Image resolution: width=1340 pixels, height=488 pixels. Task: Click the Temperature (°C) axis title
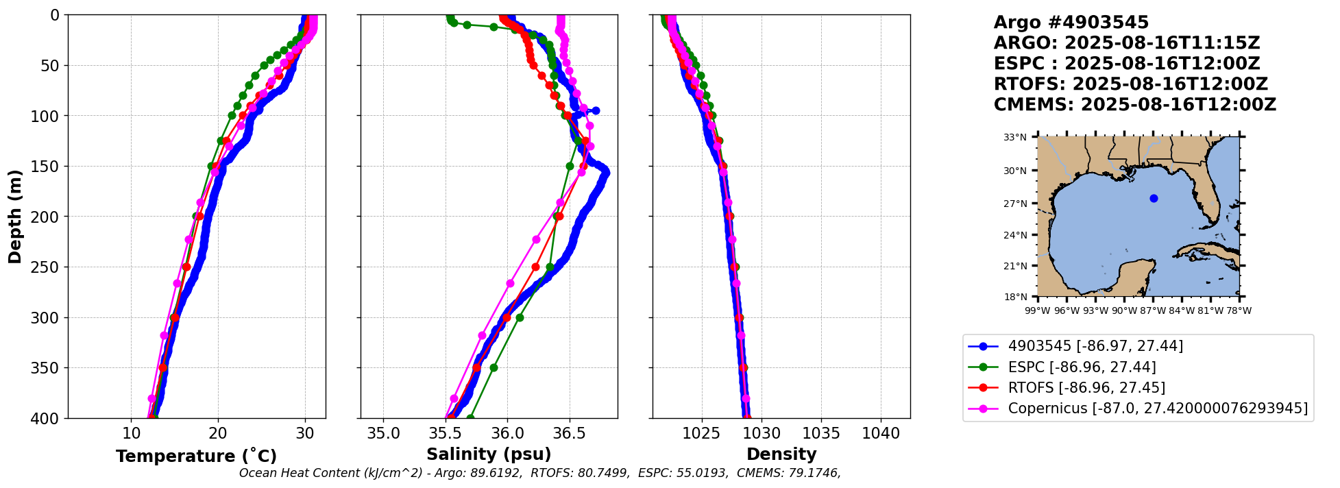point(196,456)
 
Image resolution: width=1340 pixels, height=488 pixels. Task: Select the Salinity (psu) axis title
point(489,454)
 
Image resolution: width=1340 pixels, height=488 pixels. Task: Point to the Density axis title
point(781,454)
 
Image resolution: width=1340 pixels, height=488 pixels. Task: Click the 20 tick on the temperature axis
point(218,433)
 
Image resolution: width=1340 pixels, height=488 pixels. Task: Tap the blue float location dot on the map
point(1154,199)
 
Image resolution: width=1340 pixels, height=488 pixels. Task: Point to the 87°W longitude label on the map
point(1153,310)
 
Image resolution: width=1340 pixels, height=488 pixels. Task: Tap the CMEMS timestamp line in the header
point(1135,105)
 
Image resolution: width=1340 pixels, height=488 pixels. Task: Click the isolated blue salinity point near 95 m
point(596,110)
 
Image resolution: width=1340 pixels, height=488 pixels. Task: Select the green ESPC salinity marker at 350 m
point(494,368)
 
